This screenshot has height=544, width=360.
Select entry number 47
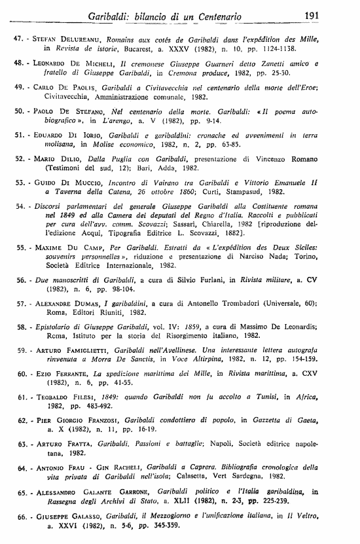point(19,39)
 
